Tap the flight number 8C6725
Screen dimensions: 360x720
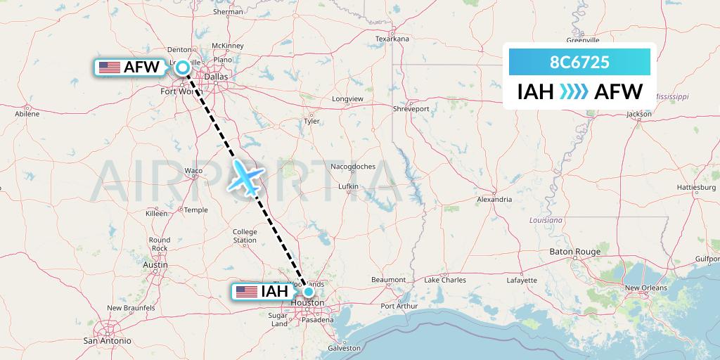point(579,63)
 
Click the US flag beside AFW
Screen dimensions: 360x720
point(109,67)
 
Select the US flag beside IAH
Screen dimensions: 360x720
point(247,291)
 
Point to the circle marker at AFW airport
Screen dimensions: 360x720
point(183,67)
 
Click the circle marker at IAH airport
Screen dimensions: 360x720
point(308,291)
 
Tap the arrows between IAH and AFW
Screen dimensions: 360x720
point(573,92)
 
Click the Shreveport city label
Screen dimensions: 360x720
point(411,109)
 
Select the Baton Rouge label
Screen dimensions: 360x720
point(575,252)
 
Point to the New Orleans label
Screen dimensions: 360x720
point(645,288)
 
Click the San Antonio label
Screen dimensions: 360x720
point(108,340)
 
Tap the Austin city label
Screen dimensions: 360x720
point(155,264)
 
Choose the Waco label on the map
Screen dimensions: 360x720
point(193,170)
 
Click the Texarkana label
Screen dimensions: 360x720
point(392,39)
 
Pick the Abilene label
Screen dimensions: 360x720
point(27,112)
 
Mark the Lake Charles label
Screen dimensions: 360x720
point(445,280)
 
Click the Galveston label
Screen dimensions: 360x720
point(344,348)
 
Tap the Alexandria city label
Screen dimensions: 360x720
point(494,200)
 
